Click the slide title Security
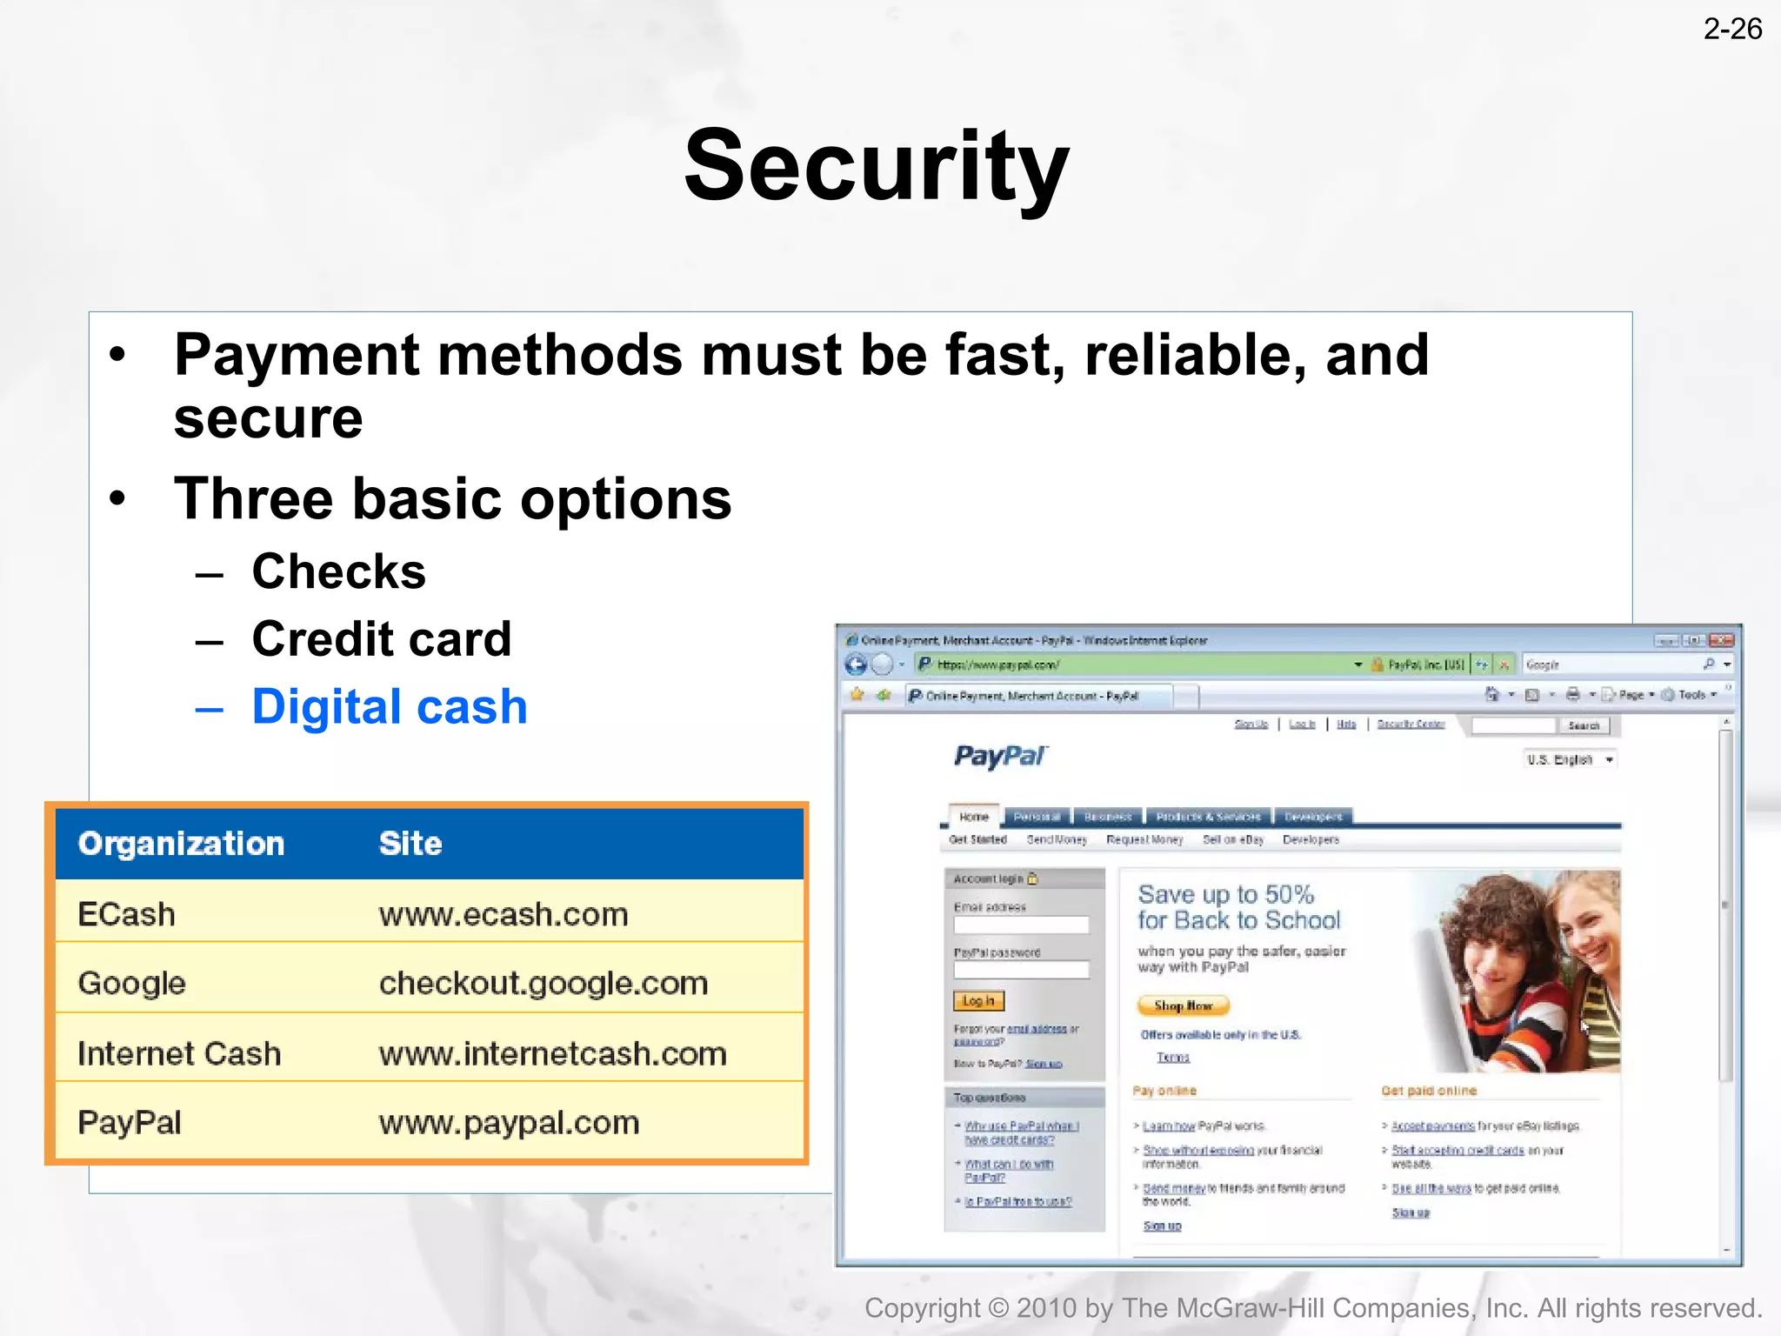877,165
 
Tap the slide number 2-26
1732,30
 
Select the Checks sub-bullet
338,571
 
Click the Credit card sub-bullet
381,639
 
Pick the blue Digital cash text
390,706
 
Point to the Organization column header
181,844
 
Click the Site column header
410,844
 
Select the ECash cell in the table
127,914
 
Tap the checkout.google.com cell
544,983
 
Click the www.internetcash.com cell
552,1053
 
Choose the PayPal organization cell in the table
130,1122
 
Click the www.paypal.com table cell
509,1122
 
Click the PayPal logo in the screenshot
1000,756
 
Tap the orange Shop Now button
1183,1005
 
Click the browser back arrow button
856,665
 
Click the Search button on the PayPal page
1584,725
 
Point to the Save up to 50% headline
1226,894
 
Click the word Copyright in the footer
922,1308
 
